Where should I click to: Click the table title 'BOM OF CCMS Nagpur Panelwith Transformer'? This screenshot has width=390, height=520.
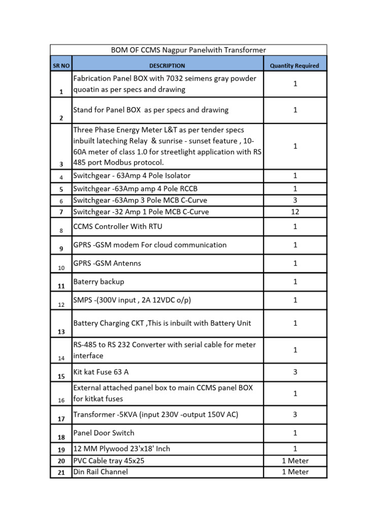(188, 50)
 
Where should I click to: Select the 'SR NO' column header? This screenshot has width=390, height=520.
(61, 66)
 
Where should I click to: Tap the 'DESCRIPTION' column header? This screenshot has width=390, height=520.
(167, 66)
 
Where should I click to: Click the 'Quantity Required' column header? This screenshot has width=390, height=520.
(295, 66)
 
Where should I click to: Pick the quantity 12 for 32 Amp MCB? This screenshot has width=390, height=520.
(295, 212)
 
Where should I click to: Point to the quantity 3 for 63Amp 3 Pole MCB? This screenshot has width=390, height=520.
(295, 200)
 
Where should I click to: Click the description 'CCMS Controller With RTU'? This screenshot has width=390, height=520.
(118, 226)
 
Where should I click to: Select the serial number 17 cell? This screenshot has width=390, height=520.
(61, 419)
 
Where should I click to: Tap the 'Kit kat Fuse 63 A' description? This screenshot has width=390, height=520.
(101, 372)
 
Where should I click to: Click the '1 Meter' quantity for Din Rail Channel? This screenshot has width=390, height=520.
(295, 472)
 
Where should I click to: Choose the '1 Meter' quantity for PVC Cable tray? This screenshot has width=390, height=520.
(295, 461)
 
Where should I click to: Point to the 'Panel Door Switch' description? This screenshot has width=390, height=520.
(104, 433)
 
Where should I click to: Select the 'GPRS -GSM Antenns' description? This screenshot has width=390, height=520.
(107, 263)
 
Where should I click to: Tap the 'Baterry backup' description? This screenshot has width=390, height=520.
(99, 281)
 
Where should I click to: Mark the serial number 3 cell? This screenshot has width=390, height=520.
(61, 164)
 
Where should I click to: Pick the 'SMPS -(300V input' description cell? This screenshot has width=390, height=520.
(132, 300)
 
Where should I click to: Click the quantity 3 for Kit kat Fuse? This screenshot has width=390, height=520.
(295, 372)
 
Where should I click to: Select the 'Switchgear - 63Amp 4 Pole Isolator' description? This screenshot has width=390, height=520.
(132, 176)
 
